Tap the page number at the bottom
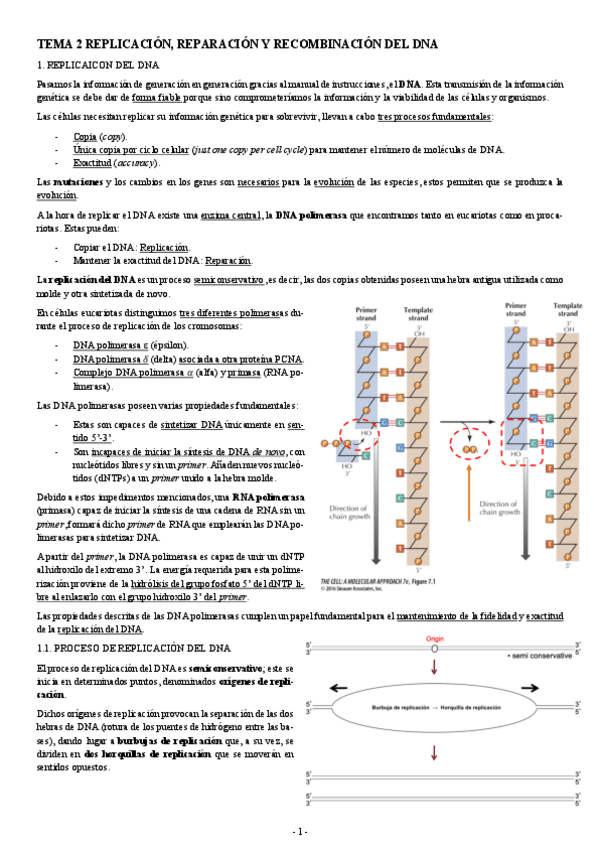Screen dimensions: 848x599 click(299, 832)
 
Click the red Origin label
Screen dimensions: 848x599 click(434, 637)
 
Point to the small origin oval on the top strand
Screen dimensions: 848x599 click(435, 649)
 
